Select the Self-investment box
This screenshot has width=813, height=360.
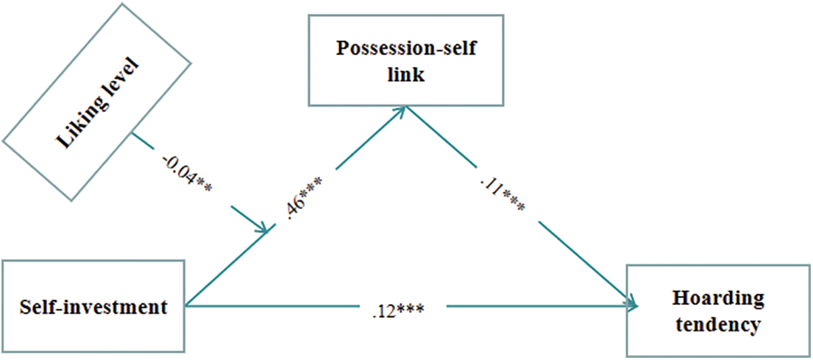coord(93,306)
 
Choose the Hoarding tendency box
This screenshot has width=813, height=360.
coord(717,311)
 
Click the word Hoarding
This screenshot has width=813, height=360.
coord(717,298)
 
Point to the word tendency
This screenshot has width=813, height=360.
coord(717,325)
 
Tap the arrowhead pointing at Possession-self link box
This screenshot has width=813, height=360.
coord(402,110)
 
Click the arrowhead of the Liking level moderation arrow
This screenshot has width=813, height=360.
coord(262,229)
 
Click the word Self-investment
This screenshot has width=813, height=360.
coord(93,306)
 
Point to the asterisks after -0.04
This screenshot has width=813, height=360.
coord(204,183)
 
